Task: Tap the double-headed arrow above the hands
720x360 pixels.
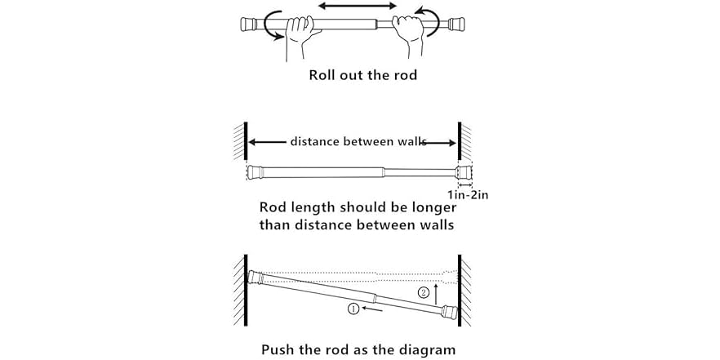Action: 355,7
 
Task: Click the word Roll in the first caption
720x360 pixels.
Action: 323,75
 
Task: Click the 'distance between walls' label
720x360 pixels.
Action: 358,141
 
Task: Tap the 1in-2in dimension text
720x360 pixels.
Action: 468,194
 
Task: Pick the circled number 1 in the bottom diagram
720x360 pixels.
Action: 352,309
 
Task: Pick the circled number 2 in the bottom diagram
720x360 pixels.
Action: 423,292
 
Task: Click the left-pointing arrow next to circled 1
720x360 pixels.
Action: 371,309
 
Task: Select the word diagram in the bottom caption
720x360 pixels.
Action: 427,349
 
